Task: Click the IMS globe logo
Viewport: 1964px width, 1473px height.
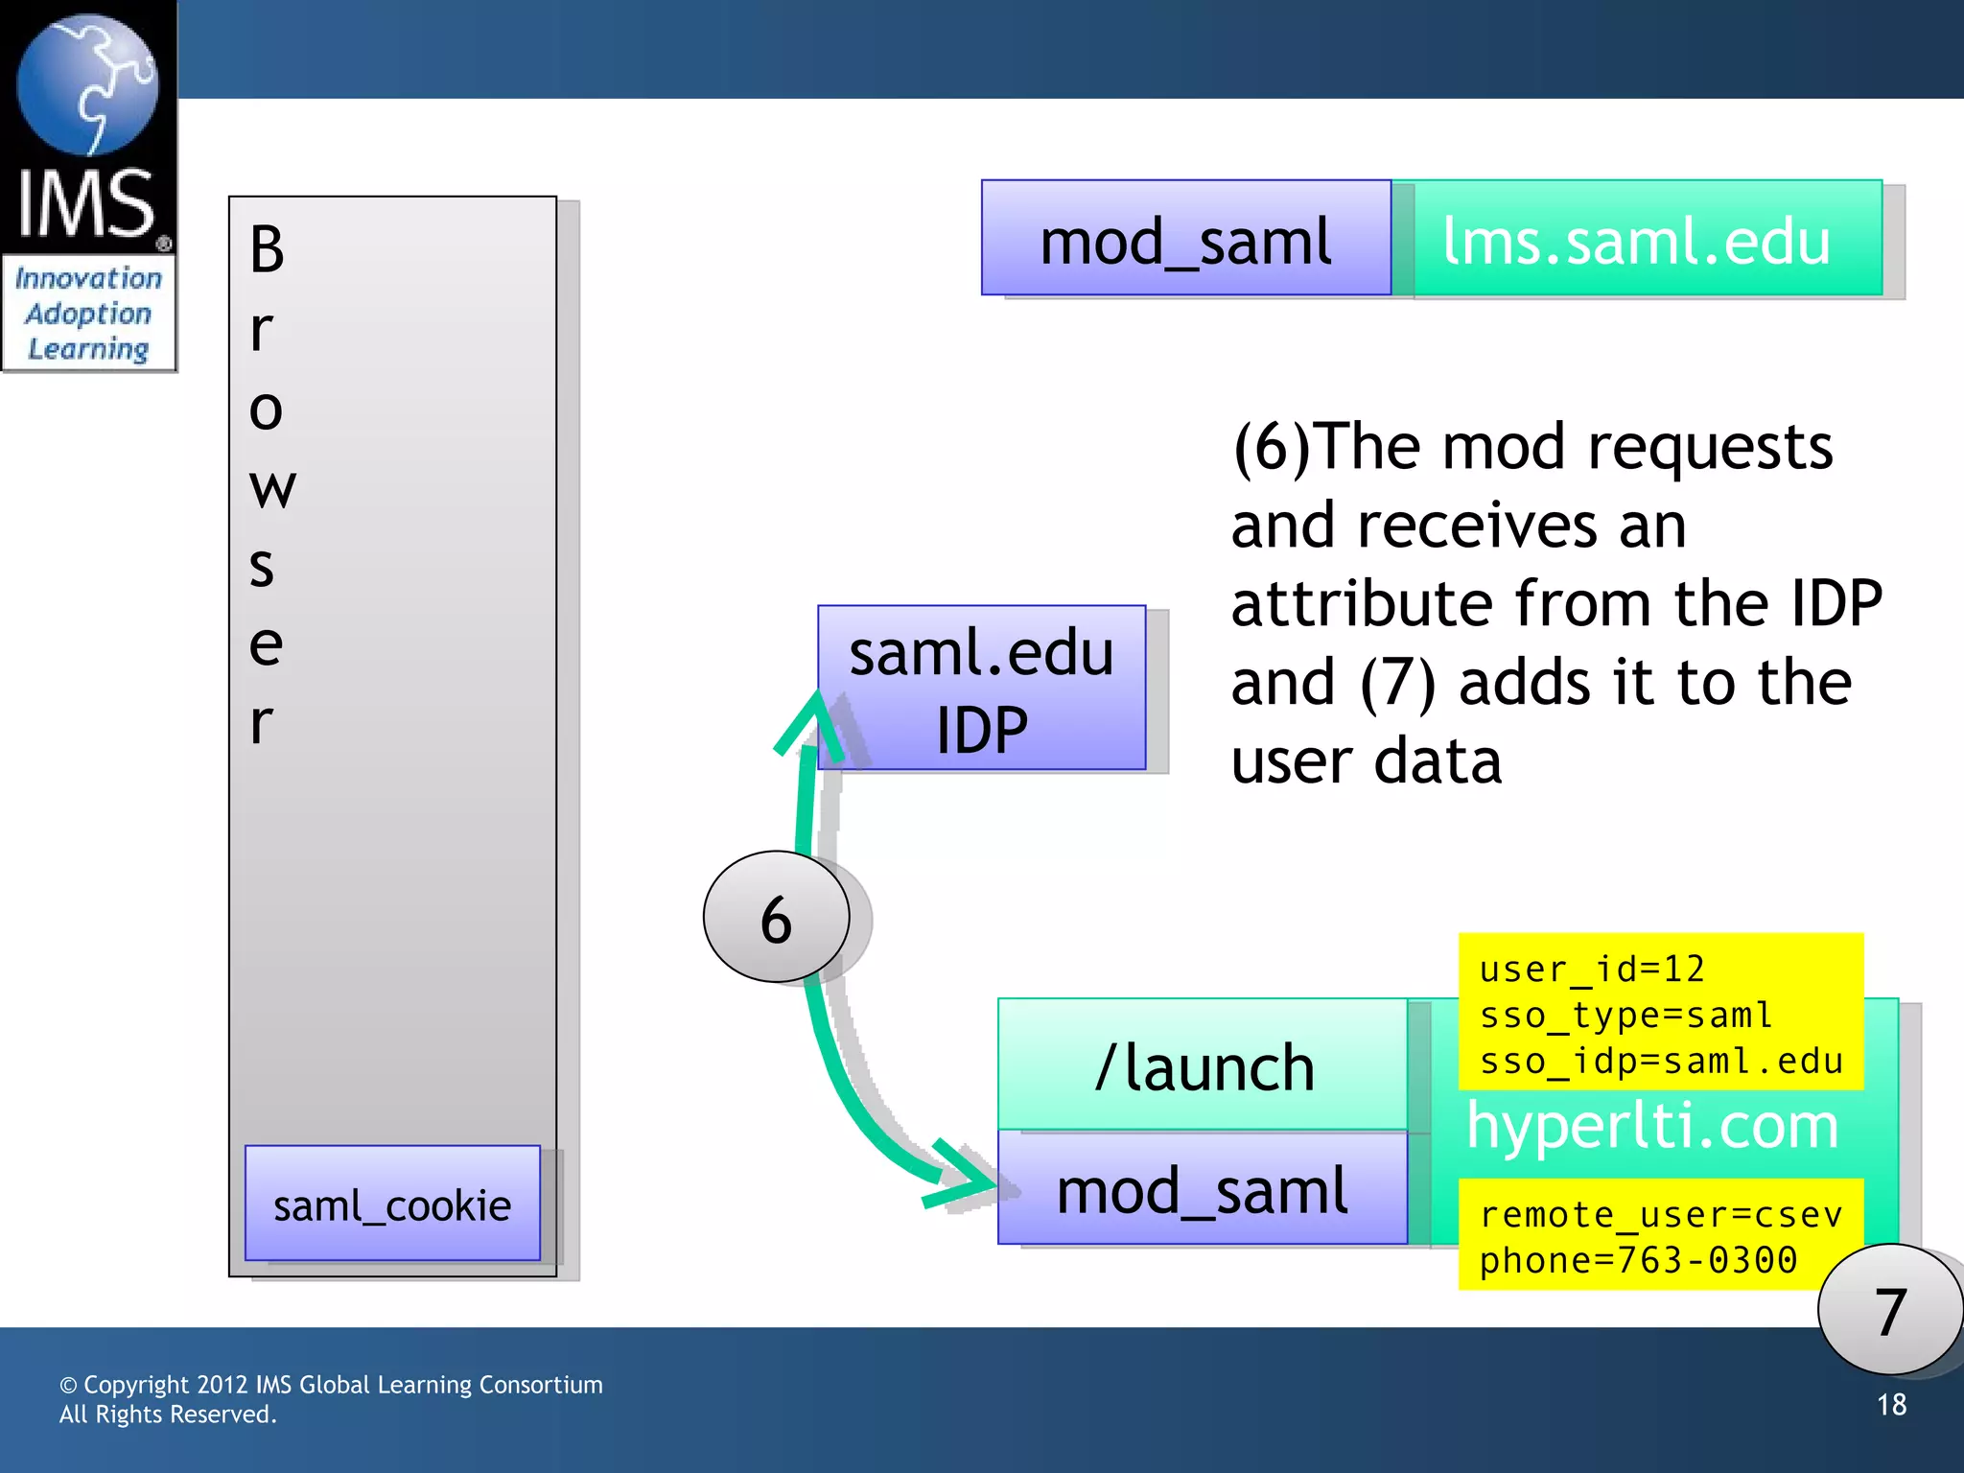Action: pos(87,86)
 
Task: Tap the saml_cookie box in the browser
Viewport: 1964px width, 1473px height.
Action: pos(392,1204)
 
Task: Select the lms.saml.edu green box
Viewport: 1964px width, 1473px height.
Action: pos(1636,240)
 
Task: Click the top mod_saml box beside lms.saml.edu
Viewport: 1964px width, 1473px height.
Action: pos(1185,240)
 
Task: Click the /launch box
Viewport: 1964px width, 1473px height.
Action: pos(1203,1065)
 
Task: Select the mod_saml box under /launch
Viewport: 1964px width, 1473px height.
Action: pos(1203,1189)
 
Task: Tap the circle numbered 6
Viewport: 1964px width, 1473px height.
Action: pos(776,918)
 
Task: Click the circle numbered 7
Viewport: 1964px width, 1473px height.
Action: pos(1888,1311)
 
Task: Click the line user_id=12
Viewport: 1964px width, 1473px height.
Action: pos(1592,970)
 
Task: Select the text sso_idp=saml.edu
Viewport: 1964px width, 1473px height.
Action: pos(1661,1062)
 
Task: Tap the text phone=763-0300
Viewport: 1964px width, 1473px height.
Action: pos(1638,1260)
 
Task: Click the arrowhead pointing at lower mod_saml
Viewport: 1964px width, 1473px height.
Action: pos(964,1177)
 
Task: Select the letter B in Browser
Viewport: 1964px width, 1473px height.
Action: pos(267,249)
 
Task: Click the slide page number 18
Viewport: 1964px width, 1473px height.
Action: pos(1891,1405)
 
